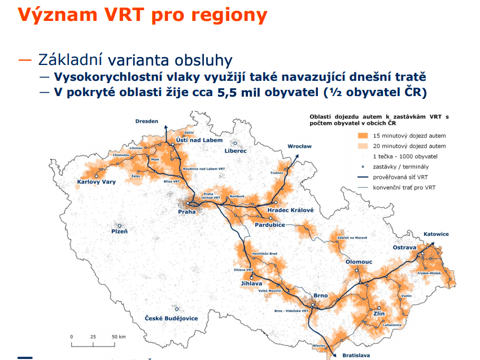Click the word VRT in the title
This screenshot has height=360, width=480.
pyautogui.click(x=124, y=14)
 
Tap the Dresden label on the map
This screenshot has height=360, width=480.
pyautogui.click(x=147, y=121)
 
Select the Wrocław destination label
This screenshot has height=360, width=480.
pyautogui.click(x=299, y=146)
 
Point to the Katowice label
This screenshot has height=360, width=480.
pyautogui.click(x=436, y=234)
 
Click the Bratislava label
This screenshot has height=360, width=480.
pyautogui.click(x=356, y=355)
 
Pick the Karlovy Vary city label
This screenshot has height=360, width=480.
pyautogui.click(x=97, y=181)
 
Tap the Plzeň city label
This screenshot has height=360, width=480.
pyautogui.click(x=119, y=231)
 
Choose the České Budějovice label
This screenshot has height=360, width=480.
pyautogui.click(x=171, y=318)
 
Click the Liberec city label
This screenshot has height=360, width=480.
pyautogui.click(x=235, y=151)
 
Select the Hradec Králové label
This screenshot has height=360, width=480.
pyautogui.click(x=290, y=210)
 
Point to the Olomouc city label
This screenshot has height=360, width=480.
pyautogui.click(x=359, y=262)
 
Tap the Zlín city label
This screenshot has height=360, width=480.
pyautogui.click(x=379, y=314)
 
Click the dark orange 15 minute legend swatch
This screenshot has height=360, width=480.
pyautogui.click(x=363, y=136)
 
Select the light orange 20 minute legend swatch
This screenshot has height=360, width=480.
pyautogui.click(x=363, y=146)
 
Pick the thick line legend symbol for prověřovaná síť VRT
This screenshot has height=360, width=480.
pyautogui.click(x=363, y=177)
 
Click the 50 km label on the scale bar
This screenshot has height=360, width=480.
pyautogui.click(x=119, y=336)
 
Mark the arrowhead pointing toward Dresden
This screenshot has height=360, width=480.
pyautogui.click(x=166, y=128)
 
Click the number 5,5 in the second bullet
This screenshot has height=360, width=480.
pyautogui.click(x=227, y=92)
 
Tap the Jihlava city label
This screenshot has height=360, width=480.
pyautogui.click(x=251, y=283)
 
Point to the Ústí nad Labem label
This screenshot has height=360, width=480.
pyautogui.click(x=199, y=140)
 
